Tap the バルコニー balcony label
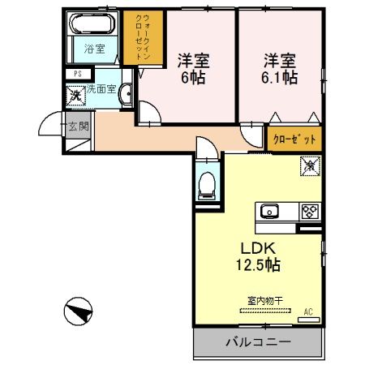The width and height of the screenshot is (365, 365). point(257,344)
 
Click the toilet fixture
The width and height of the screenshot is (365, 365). point(208,184)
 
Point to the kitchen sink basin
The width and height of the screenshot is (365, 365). point(269,213)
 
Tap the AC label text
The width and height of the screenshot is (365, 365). point(308,311)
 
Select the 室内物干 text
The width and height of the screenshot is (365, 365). point(264,300)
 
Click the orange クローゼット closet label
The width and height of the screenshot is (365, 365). point(294,139)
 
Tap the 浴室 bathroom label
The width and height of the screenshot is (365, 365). point(95,49)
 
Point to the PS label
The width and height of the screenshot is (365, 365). point(78,74)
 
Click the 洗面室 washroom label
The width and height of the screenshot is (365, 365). point(102,89)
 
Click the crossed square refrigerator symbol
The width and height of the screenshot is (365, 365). point(309,166)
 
